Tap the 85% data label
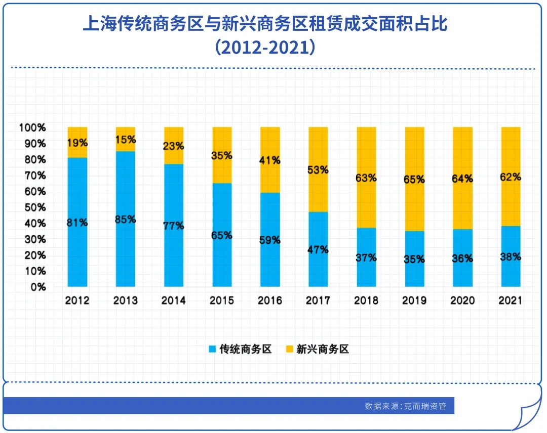click(126, 220)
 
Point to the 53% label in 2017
click(318, 170)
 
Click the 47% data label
click(318, 249)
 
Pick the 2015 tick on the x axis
click(222, 300)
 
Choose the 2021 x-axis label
click(511, 300)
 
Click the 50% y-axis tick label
click(34, 207)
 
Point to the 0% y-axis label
click(37, 287)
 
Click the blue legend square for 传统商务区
click(213, 349)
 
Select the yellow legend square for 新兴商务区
click(289, 349)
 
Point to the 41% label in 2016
click(270, 160)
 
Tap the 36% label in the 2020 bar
click(462, 258)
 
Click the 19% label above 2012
click(77, 143)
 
